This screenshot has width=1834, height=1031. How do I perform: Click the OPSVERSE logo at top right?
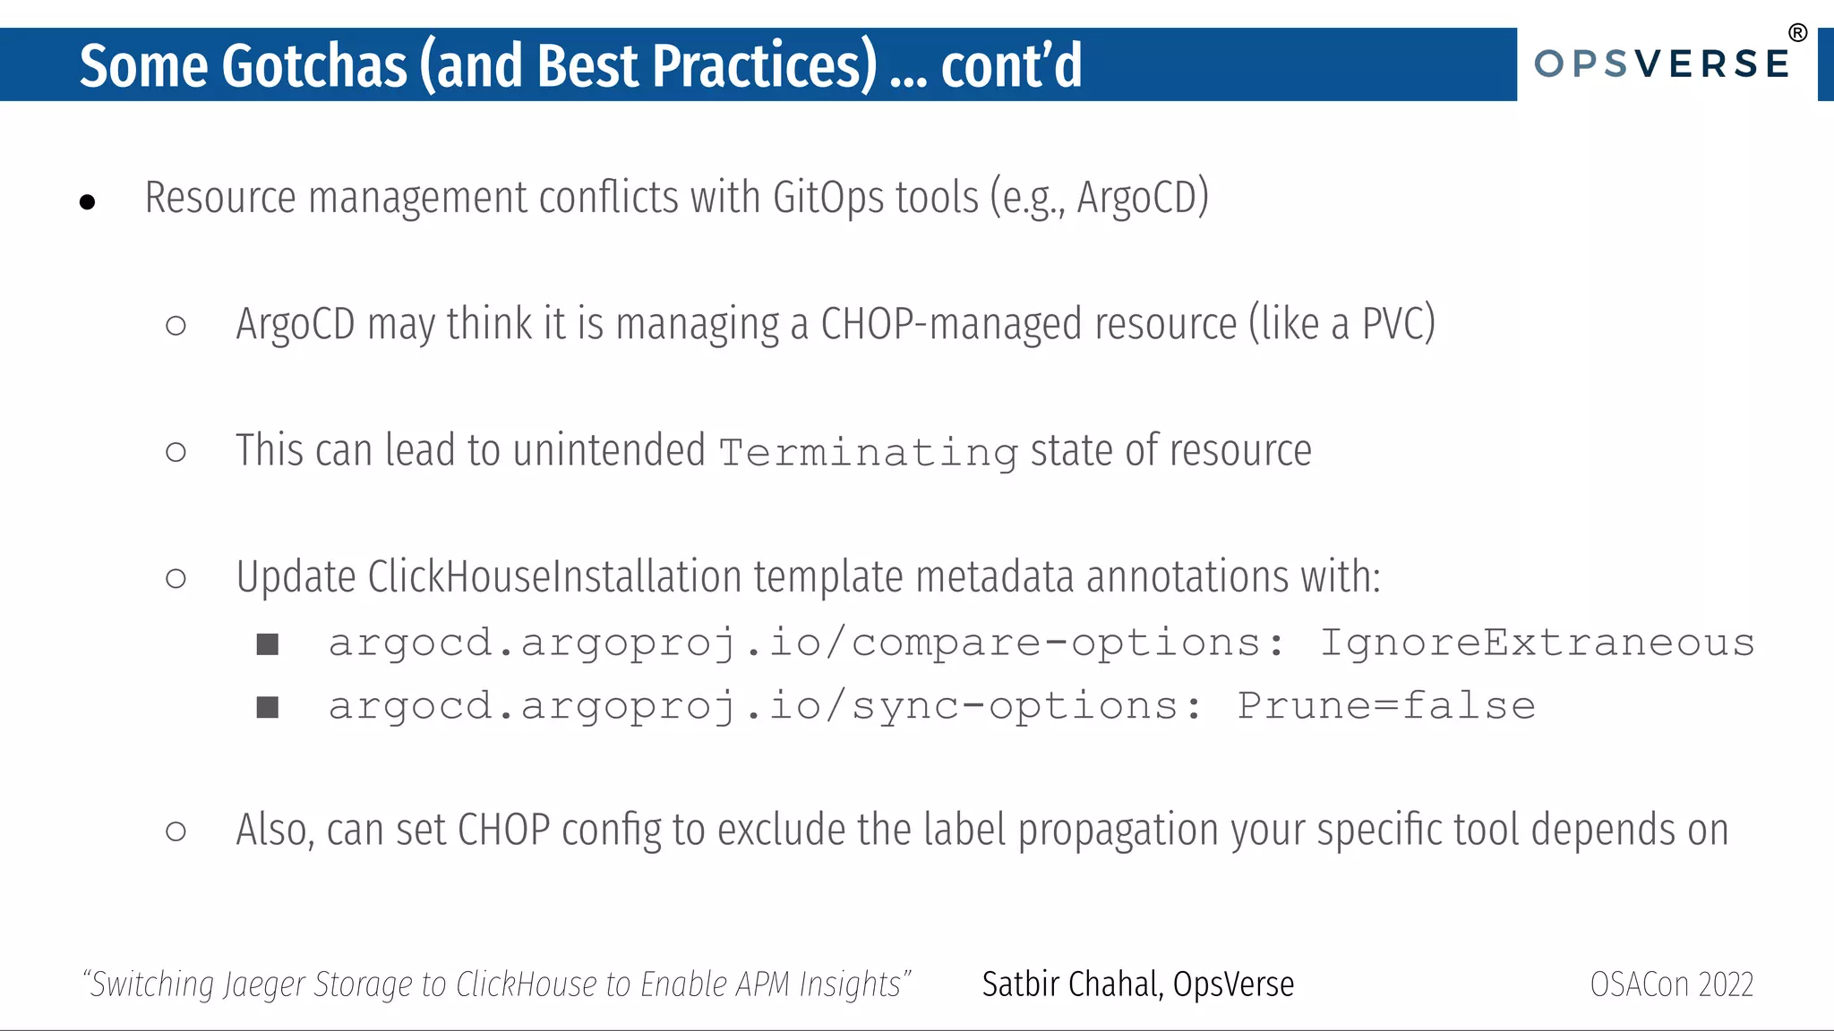1662,64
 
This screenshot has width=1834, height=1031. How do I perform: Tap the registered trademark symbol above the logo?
1797,34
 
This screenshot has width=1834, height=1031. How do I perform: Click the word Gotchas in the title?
314,65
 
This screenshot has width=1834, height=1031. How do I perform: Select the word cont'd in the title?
1011,65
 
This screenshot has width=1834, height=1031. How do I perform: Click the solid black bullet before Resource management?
87,202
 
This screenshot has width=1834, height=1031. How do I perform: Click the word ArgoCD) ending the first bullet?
1143,198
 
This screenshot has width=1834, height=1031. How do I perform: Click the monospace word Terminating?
868,453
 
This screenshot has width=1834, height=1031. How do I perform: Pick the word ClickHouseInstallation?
554,577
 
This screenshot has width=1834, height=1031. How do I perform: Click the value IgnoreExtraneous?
1537,643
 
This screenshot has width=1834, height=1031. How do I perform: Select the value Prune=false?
1386,706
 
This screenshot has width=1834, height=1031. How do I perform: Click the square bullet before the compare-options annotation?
268,644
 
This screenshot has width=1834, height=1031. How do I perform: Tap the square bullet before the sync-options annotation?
268,708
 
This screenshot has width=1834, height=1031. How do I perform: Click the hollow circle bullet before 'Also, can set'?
176,831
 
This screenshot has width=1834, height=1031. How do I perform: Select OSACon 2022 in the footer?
1671,984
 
